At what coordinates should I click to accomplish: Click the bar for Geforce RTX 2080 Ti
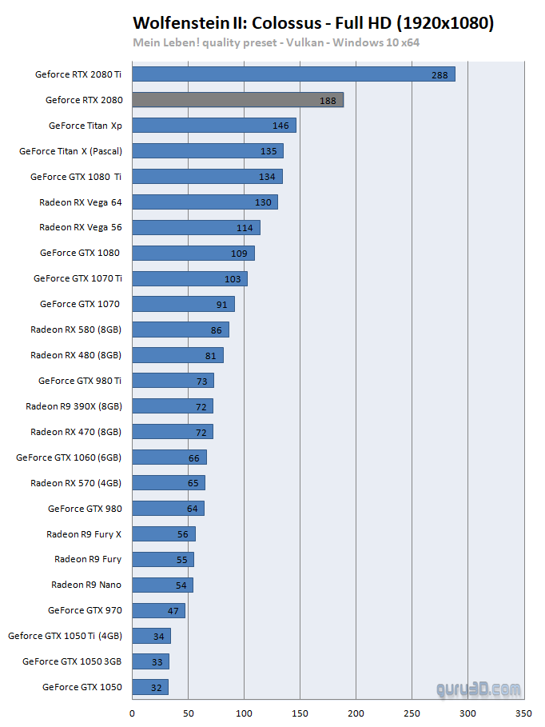click(x=292, y=74)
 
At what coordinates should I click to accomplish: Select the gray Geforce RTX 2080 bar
click(x=237, y=100)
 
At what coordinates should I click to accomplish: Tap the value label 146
click(x=280, y=126)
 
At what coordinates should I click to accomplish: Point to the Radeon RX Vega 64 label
click(x=81, y=202)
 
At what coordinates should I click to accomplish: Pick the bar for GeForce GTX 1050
click(x=150, y=687)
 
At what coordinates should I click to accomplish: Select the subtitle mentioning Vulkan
click(x=276, y=42)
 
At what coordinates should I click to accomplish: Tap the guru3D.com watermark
click(x=479, y=689)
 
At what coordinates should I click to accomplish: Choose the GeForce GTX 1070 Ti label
click(x=78, y=278)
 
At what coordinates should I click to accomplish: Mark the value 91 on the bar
click(x=221, y=304)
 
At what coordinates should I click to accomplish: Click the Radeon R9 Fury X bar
click(x=163, y=533)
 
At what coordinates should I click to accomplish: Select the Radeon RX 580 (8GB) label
click(x=76, y=330)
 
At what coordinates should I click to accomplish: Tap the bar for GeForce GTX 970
click(x=158, y=610)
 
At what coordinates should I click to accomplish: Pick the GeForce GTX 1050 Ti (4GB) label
click(x=65, y=636)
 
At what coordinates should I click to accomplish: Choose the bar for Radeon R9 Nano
click(x=162, y=585)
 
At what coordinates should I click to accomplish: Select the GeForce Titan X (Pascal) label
click(x=71, y=151)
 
